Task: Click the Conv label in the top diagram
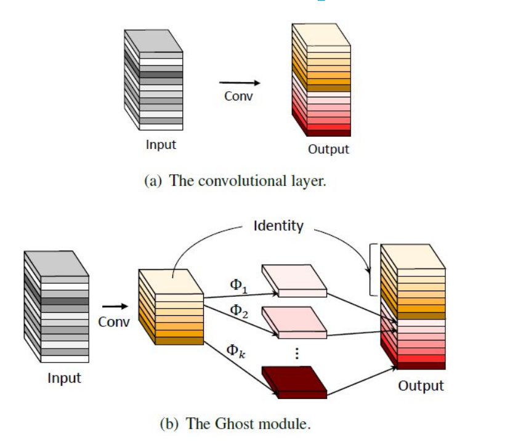pyautogui.click(x=238, y=97)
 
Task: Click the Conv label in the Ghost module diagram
pyautogui.click(x=114, y=321)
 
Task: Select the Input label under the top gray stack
pyautogui.click(x=161, y=145)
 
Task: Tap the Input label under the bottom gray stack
pyautogui.click(x=64, y=377)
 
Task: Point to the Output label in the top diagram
pyautogui.click(x=328, y=149)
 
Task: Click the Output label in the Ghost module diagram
pyautogui.click(x=421, y=385)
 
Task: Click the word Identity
pyautogui.click(x=278, y=225)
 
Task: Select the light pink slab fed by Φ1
pyautogui.click(x=294, y=281)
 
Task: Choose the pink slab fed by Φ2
pyautogui.click(x=294, y=321)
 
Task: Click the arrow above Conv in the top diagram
pyautogui.click(x=239, y=83)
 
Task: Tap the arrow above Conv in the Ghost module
pyautogui.click(x=115, y=305)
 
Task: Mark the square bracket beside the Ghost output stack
pyautogui.click(x=371, y=269)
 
